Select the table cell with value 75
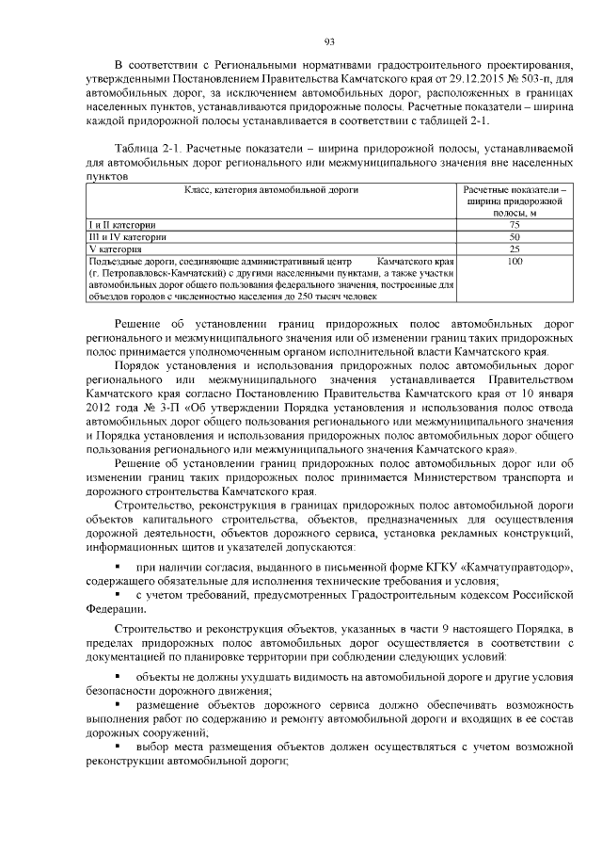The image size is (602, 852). tap(514, 225)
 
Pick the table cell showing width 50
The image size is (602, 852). tap(514, 237)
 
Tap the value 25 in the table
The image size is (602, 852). tap(514, 249)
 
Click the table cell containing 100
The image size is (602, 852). tap(514, 261)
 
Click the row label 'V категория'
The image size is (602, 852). tap(108, 249)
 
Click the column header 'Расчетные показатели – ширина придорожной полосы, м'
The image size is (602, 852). tap(514, 201)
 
